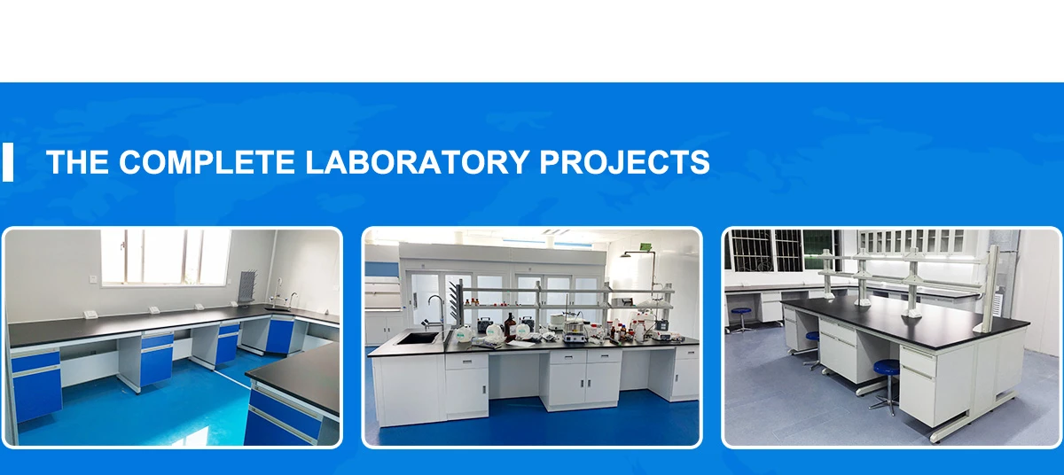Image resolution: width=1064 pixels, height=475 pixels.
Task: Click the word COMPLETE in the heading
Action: (x=207, y=162)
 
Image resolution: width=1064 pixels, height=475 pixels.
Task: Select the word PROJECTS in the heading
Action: (x=624, y=162)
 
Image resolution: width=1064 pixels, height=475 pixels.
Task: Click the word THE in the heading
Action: (x=77, y=162)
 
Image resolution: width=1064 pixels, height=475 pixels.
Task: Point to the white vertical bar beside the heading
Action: (x=8, y=162)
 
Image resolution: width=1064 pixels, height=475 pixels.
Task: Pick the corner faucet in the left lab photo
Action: (x=293, y=300)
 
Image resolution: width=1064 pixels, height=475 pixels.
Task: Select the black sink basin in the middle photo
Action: (x=418, y=338)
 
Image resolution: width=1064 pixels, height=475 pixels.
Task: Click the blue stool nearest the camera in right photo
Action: (x=885, y=372)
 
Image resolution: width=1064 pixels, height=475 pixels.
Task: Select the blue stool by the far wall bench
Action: (x=741, y=315)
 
